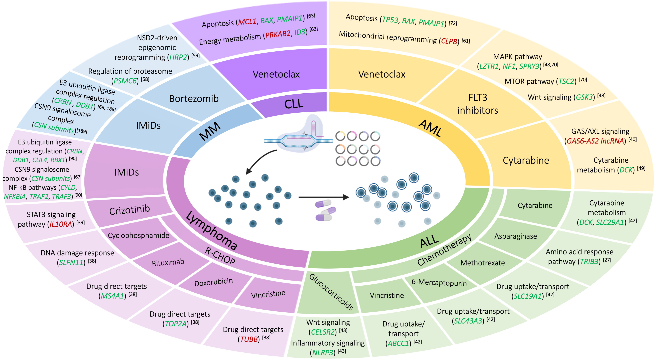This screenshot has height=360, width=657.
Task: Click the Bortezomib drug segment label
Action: (194, 98)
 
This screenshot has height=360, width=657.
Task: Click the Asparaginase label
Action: (515, 236)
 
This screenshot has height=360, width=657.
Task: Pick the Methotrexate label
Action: (483, 263)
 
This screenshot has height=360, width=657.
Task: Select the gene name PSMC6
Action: (125, 81)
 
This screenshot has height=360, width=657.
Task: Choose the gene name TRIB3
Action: (589, 262)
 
